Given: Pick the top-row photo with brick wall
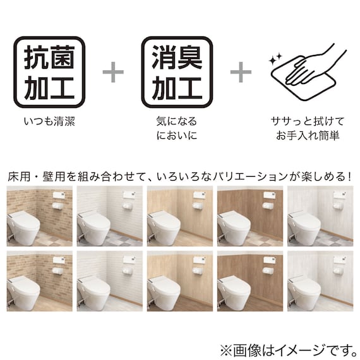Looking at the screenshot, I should (39, 216).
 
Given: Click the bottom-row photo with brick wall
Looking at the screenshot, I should (39, 280).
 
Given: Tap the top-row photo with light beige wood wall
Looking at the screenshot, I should (180, 216).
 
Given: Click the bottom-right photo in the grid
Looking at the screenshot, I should (320, 280).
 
